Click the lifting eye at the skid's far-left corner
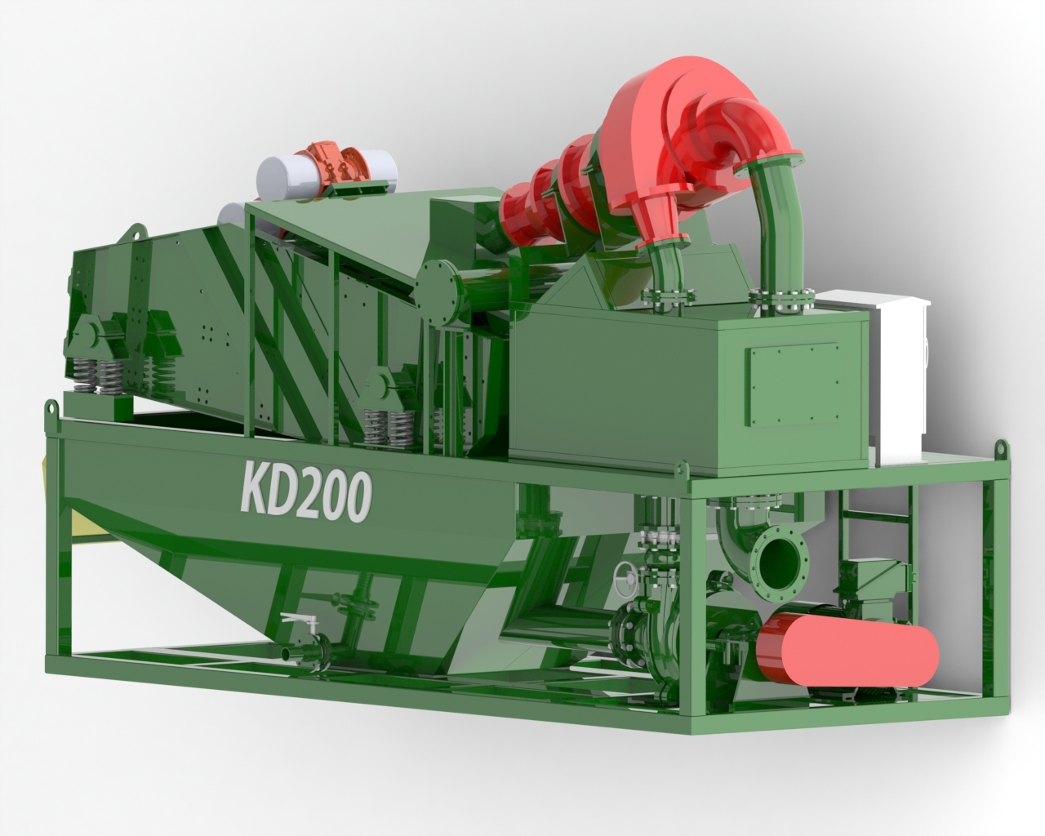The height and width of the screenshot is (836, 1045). point(51,410)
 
